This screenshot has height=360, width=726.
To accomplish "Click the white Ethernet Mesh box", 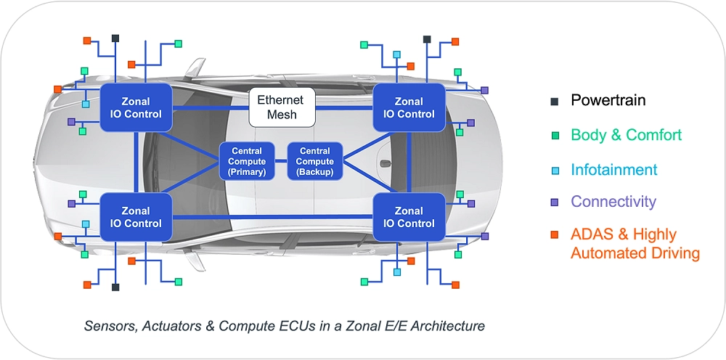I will tap(282, 107).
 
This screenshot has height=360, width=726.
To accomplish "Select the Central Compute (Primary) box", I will tap(247, 161).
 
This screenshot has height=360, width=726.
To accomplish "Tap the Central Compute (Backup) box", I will tap(314, 161).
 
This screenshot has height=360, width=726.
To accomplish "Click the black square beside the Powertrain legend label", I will tap(555, 101).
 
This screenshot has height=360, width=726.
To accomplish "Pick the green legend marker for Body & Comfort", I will tap(555, 135).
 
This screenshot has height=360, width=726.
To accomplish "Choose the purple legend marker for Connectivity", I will tap(555, 202).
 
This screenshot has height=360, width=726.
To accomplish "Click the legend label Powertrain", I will tap(608, 100).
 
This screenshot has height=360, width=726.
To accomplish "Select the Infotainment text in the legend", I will tap(613, 170).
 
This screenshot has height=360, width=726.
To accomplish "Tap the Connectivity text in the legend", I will tap(613, 202).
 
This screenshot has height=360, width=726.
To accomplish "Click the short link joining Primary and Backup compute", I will tap(281, 161).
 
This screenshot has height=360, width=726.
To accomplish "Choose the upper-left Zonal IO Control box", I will tap(136, 107).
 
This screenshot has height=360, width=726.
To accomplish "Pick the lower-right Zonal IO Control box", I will tap(409, 216).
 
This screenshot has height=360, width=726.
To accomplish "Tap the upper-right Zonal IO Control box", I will tap(409, 107).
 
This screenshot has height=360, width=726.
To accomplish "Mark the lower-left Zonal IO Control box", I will tap(136, 216).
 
